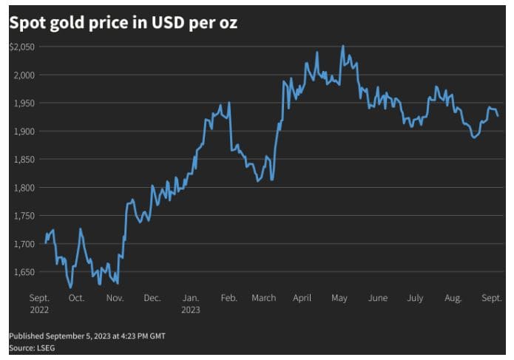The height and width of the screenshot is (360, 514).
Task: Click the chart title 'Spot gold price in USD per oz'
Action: click(123, 24)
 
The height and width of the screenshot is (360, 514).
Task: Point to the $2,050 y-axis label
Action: click(21, 47)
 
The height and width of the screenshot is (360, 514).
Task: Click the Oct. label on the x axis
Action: click(76, 298)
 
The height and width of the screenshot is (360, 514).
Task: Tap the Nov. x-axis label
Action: click(115, 298)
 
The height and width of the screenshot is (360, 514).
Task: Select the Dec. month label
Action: click(152, 298)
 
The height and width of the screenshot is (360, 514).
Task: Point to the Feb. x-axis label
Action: click(229, 298)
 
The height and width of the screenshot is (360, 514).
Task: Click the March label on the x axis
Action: click(264, 298)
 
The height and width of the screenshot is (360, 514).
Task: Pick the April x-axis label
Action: click(302, 298)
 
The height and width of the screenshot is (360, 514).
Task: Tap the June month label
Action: click(377, 298)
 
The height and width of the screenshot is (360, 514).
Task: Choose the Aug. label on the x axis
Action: click(453, 298)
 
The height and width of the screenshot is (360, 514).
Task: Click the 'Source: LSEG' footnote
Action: click(32, 347)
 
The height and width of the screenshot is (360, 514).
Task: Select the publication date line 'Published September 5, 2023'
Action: click(87, 336)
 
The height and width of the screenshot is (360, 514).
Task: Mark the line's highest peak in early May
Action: click(342, 46)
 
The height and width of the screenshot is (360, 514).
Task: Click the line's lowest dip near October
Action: click(71, 287)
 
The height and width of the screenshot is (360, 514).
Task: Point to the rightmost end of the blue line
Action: click(498, 116)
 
